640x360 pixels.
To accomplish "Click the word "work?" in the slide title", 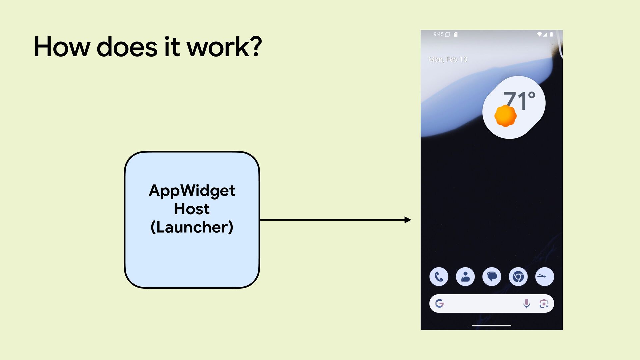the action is (x=224, y=47).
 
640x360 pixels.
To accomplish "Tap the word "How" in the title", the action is (x=62, y=47).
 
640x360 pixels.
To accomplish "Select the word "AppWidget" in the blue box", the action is (x=192, y=191).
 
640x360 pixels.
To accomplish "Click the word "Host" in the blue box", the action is (x=192, y=209).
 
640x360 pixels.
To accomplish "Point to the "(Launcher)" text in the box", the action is (x=192, y=227).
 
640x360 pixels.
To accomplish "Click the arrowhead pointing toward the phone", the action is (x=408, y=220).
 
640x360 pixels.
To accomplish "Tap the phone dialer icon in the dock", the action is (x=439, y=277).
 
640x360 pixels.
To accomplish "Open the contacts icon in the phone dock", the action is (x=465, y=277).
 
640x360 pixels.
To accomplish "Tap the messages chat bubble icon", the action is (x=492, y=277).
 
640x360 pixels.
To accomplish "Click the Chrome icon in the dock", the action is (x=518, y=277).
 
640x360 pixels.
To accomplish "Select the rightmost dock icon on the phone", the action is (x=544, y=277).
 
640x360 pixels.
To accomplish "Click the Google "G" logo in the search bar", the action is (x=439, y=303).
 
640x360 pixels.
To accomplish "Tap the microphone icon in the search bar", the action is (x=527, y=303).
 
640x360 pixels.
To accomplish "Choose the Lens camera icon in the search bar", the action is (x=544, y=303).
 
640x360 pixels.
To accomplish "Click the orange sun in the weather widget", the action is (x=505, y=116).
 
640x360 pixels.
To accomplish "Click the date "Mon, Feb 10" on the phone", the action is (x=448, y=59).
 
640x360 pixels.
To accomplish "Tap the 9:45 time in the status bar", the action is (x=438, y=34).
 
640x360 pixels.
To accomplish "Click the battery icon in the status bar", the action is (x=551, y=34).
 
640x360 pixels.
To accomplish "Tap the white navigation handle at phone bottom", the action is (x=492, y=325).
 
